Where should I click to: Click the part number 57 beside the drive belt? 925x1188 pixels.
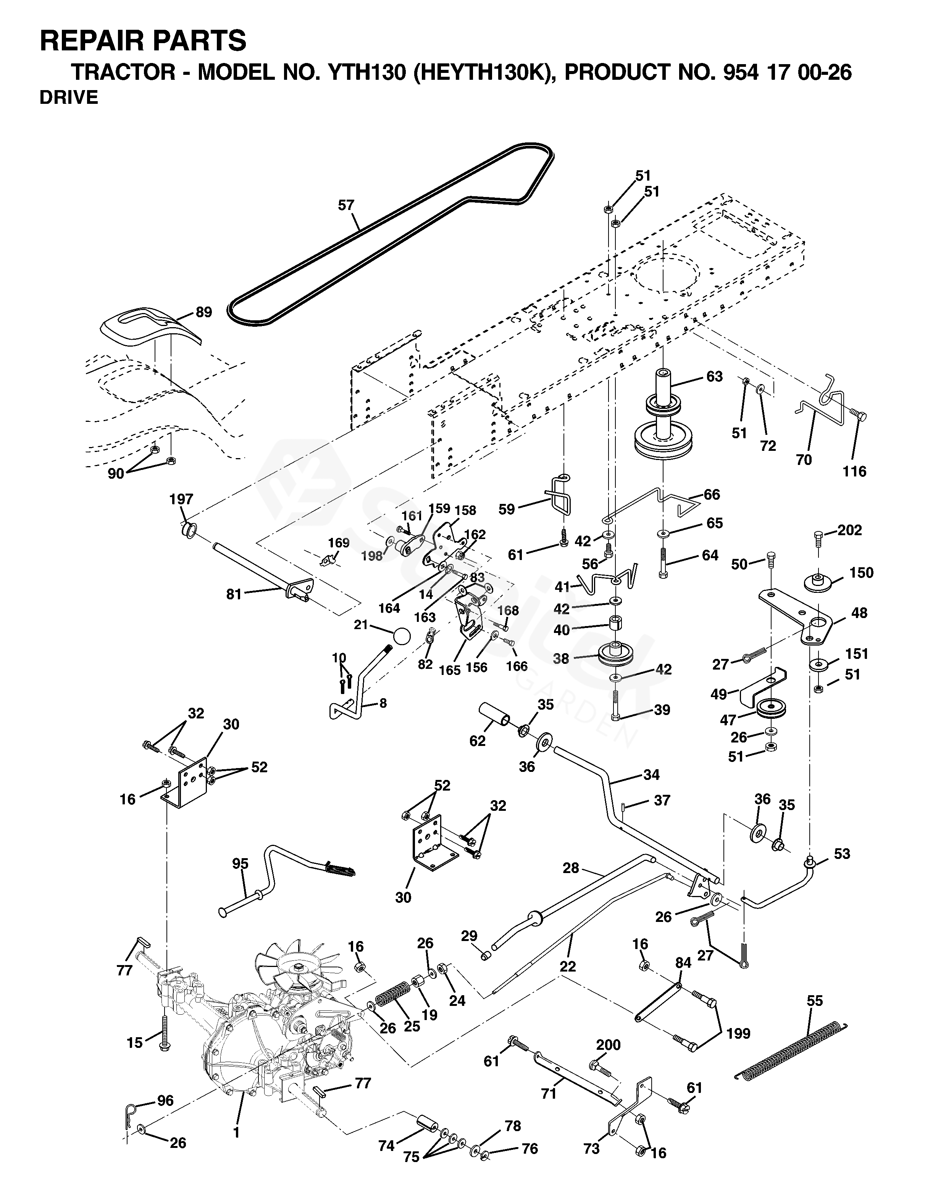point(346,205)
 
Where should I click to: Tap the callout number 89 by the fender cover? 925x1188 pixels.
point(203,312)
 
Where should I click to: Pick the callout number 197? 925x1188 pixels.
point(181,499)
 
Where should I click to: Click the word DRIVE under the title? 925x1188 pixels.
point(69,97)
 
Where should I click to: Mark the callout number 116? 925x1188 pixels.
point(854,471)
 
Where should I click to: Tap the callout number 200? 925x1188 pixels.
point(608,1044)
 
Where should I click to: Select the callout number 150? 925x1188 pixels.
point(861,572)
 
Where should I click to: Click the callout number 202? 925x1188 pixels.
point(850,530)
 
